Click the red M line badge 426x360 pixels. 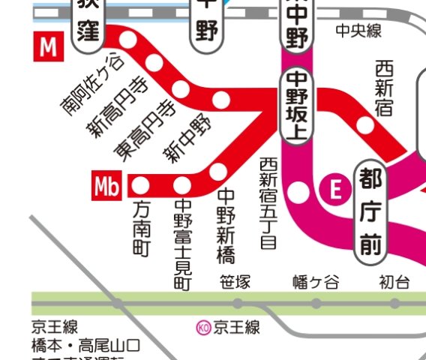pyautogui.click(x=49, y=47)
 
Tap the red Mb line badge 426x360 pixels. pyautogui.click(x=108, y=184)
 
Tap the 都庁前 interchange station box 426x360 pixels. pyautogui.click(x=370, y=211)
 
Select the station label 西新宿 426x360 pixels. pyautogui.click(x=383, y=89)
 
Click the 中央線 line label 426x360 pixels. pyautogui.click(x=358, y=30)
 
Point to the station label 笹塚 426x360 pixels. pyautogui.click(x=235, y=283)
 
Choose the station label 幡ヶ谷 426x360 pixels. pyautogui.click(x=316, y=283)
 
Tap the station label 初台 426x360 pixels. pyautogui.click(x=394, y=283)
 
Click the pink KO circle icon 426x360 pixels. pyautogui.click(x=202, y=327)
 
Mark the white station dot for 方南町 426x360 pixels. pyautogui.click(x=141, y=184)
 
